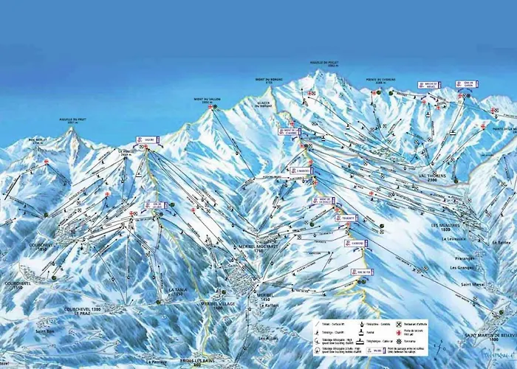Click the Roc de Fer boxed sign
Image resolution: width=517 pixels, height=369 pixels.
tap(362, 272)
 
